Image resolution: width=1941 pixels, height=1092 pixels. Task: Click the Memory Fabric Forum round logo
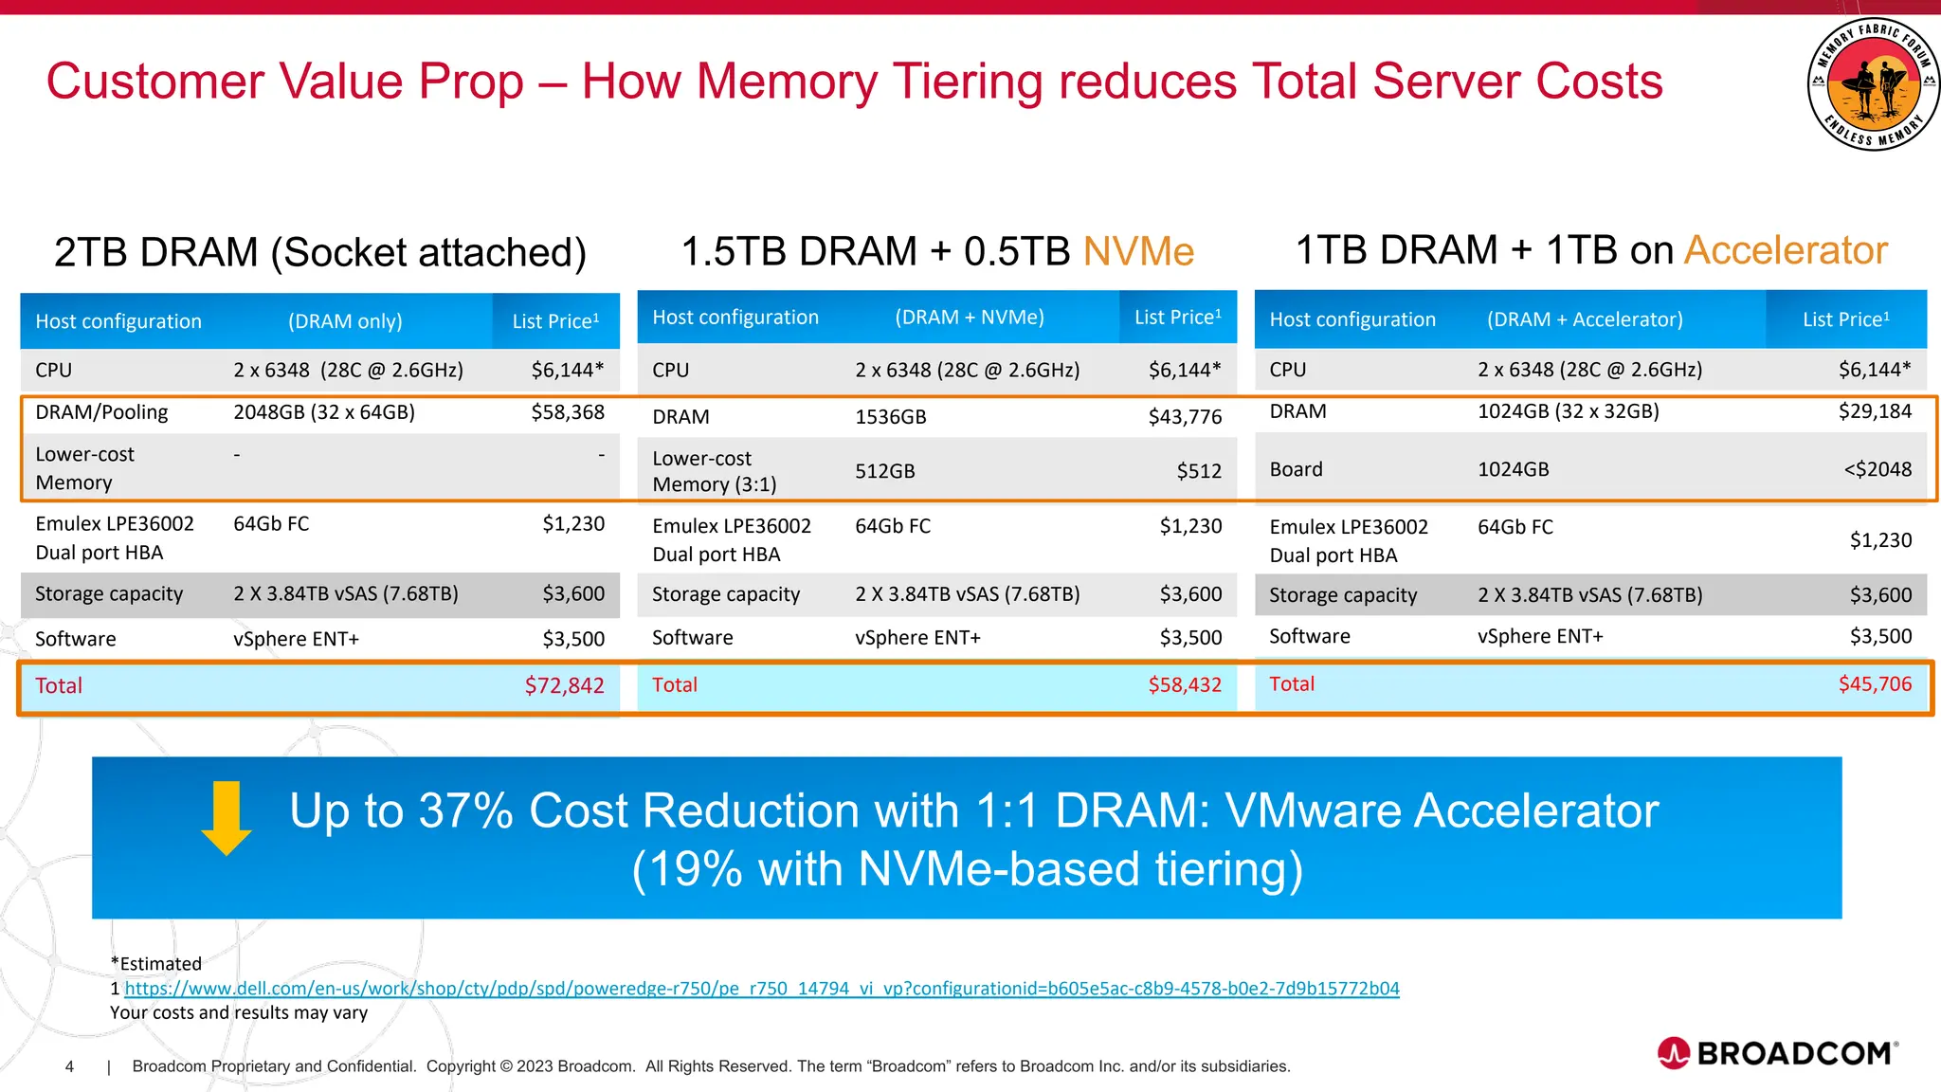1872,84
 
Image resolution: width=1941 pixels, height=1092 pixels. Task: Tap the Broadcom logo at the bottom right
1777,1053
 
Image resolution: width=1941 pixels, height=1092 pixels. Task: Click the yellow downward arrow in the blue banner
227,818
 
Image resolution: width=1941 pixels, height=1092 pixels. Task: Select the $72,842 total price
564,685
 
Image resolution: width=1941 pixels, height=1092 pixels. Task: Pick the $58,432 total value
1184,684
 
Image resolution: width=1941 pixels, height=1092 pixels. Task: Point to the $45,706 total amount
1874,683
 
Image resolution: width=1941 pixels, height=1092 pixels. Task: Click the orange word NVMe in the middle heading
1137,251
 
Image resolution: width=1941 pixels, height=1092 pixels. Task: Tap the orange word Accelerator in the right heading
1786,250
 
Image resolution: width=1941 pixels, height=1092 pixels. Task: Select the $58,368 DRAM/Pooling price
567,412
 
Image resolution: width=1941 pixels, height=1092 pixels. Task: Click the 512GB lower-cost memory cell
884,471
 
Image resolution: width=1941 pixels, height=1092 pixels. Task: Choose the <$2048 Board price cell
1877,469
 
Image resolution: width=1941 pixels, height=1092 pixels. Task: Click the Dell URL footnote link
761,988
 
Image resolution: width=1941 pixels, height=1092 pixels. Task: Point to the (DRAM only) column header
345,321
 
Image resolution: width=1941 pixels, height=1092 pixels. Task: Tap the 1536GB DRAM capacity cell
890,417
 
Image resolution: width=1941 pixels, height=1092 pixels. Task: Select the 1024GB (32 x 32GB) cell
1568,411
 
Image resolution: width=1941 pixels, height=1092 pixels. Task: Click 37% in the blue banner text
465,811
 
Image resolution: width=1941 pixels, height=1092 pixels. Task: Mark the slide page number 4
69,1066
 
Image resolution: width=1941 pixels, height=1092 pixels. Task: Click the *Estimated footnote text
156,963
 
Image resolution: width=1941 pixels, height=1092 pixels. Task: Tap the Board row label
1296,469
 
